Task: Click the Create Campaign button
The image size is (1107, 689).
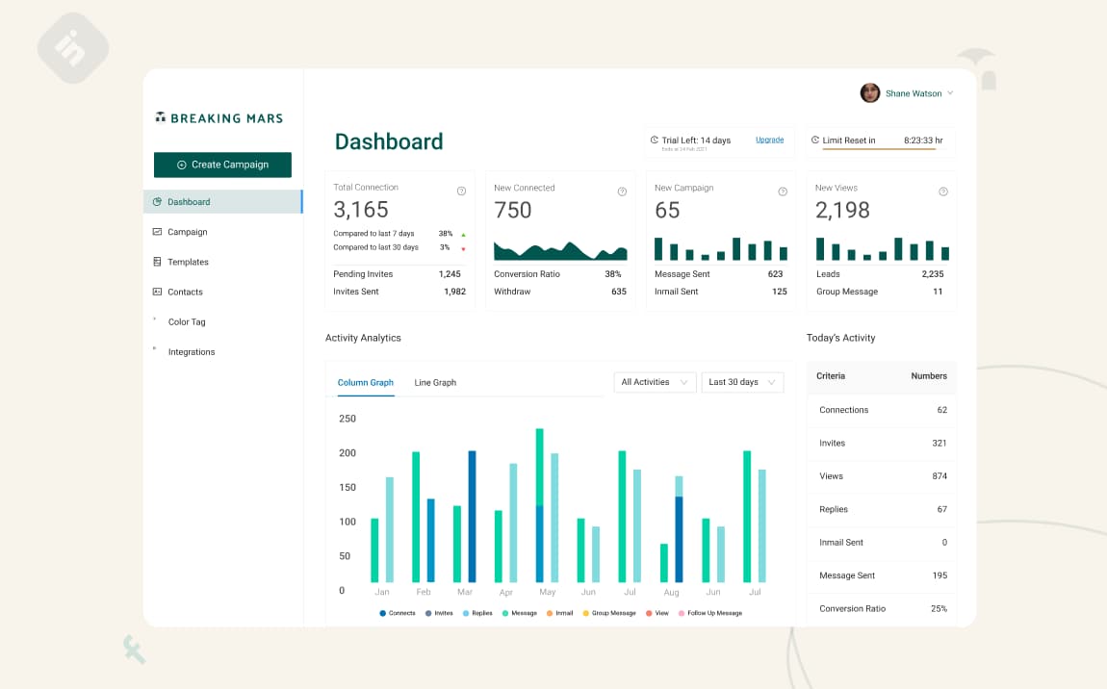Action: [222, 165]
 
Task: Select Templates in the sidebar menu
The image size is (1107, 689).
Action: [188, 262]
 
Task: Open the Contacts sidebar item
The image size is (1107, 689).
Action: [185, 292]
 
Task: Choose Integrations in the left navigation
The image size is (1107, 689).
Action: [192, 352]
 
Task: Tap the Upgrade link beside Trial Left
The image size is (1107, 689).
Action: [769, 140]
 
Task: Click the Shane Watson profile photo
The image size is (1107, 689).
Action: [870, 93]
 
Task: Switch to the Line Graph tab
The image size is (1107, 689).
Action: [435, 383]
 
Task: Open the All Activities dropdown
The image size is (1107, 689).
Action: [655, 382]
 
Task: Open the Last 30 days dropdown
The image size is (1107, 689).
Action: [742, 382]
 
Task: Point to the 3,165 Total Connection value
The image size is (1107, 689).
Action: [361, 210]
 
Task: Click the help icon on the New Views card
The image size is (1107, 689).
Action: [942, 191]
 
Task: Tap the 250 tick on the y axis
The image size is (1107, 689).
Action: [348, 419]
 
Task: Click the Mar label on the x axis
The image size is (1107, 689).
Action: [465, 593]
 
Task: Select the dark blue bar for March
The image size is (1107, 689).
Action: [472, 516]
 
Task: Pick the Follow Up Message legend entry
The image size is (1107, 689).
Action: [714, 613]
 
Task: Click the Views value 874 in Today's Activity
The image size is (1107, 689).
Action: [940, 476]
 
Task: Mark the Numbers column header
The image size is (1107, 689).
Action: [929, 376]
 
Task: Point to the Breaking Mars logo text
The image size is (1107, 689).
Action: [226, 118]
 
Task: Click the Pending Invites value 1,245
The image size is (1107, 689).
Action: [450, 274]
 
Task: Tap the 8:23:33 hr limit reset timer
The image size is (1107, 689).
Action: [923, 140]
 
